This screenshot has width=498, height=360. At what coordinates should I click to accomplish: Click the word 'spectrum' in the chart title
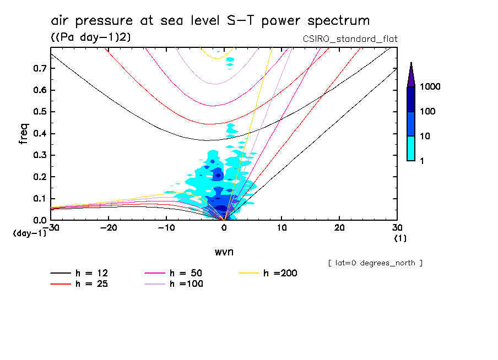click(x=337, y=21)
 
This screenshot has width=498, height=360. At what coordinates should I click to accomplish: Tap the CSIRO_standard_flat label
click(x=350, y=39)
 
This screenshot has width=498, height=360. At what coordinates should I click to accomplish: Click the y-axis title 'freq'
click(x=24, y=134)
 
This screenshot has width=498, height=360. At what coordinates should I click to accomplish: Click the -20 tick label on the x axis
click(x=109, y=228)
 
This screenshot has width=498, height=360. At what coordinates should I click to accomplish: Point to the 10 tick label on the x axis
click(x=282, y=228)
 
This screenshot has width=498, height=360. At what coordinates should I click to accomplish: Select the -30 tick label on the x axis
click(x=51, y=228)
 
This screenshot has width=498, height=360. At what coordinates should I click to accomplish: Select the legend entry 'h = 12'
click(x=93, y=273)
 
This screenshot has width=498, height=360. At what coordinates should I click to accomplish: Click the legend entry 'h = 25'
click(x=93, y=284)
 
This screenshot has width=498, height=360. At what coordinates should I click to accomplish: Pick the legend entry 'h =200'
click(x=280, y=273)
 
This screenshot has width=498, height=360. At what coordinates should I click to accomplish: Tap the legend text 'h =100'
click(x=186, y=284)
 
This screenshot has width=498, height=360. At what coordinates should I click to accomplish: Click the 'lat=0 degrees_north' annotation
click(x=375, y=263)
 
